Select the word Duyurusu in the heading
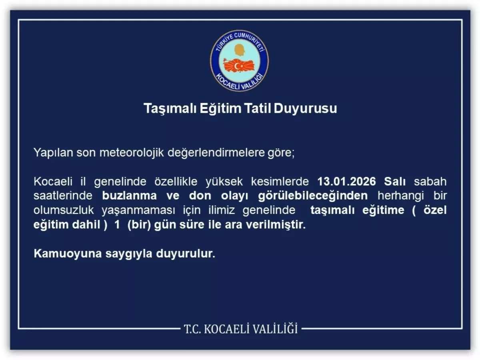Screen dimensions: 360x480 pos(306,108)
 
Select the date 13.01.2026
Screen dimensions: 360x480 pos(347,181)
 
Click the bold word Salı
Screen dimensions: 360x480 pos(395,181)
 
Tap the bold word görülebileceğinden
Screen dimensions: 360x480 pos(312,196)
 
